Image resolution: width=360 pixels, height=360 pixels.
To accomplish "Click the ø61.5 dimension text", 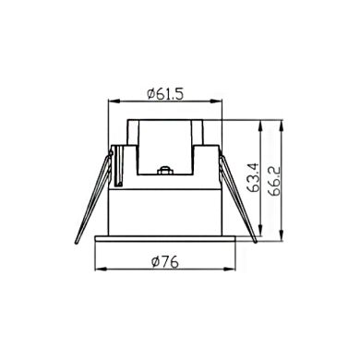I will [166, 93].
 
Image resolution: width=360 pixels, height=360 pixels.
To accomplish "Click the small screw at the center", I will [166, 171].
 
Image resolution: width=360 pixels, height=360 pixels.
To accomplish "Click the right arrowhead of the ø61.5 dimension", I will [220, 102].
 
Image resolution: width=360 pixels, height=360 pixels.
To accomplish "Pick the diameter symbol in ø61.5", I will [150, 93].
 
